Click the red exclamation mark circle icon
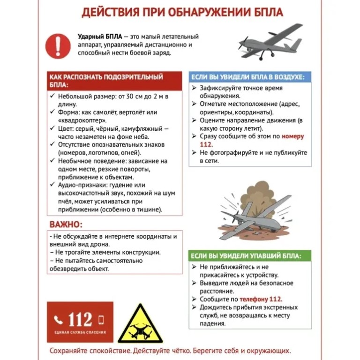[58, 45]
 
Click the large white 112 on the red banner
[80, 320]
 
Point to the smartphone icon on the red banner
[101, 320]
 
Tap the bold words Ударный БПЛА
[100, 37]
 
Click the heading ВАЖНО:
[66, 224]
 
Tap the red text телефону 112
[261, 299]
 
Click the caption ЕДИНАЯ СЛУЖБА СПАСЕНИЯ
[80, 332]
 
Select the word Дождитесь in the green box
[216, 307]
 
